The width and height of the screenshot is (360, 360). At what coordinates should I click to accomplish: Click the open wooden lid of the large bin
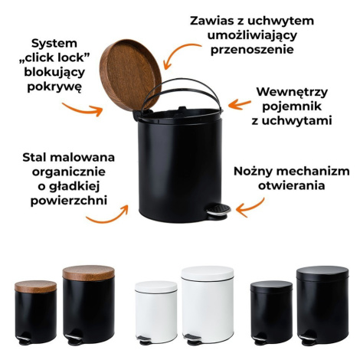pos(130,74)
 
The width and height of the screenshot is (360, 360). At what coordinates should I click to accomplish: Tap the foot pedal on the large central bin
pos(218,211)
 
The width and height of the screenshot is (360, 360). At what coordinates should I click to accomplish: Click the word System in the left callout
pos(54,44)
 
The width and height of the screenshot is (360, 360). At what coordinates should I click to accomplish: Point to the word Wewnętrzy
pos(292,92)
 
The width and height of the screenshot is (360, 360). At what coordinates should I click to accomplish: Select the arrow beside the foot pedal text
pos(250,208)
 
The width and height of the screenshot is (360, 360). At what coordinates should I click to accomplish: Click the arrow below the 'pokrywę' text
pos(83,110)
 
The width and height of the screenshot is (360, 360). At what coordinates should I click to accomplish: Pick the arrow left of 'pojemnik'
pos(239,104)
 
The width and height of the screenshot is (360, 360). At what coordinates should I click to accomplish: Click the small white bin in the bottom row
pos(156,313)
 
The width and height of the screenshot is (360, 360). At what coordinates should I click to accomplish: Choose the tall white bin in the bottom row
pos(208,305)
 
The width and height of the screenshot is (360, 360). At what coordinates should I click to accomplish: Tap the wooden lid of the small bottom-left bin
pos(35,286)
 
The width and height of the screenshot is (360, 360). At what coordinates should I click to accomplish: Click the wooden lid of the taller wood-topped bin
pos(89,273)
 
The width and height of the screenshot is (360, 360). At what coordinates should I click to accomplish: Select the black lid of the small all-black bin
pos(271,286)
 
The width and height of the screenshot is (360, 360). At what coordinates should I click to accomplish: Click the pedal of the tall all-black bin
pos(306,339)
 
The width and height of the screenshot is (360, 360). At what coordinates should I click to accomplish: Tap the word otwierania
pos(291,185)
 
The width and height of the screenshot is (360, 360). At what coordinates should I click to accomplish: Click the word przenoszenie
pos(252,50)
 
